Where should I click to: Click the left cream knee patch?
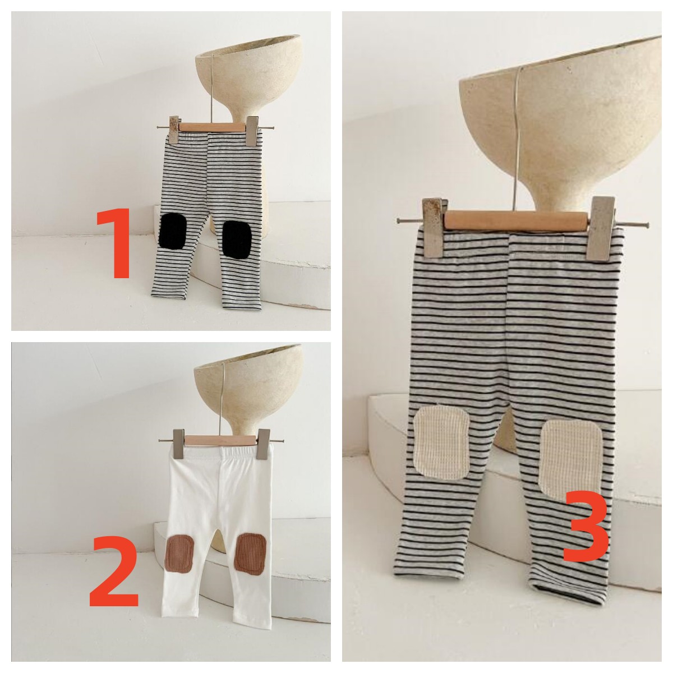pyautogui.click(x=441, y=441)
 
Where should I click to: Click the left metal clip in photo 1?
pyautogui.click(x=174, y=129)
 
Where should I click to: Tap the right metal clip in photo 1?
pyautogui.click(x=252, y=131)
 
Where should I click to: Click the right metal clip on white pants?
pyautogui.click(x=264, y=444)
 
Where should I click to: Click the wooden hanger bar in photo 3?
pyautogui.click(x=515, y=220)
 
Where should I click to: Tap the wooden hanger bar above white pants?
pyautogui.click(x=222, y=440)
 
